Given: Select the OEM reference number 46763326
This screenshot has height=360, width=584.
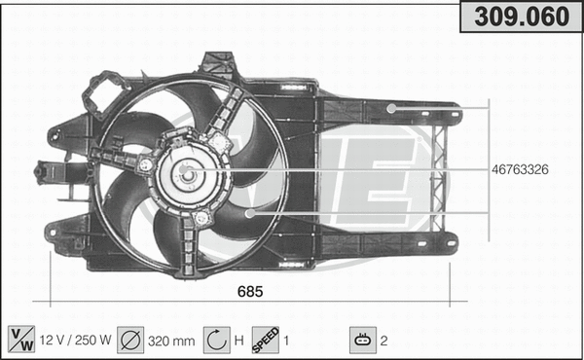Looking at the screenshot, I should point(521,169).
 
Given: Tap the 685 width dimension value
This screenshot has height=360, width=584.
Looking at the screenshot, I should point(251,291).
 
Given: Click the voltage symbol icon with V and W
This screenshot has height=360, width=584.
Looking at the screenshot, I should point(19,340).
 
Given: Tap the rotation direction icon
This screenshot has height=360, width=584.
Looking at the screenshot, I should point(216,340).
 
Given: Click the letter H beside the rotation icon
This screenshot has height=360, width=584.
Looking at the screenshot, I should point(238,341).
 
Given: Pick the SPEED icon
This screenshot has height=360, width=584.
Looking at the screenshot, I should point(266,340).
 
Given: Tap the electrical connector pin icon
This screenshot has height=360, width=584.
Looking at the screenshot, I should point(362,340).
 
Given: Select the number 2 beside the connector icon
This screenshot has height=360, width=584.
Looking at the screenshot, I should point(384,341).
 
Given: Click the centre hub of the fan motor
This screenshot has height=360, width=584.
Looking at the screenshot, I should point(186,174).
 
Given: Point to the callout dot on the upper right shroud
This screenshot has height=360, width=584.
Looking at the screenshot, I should point(390,108).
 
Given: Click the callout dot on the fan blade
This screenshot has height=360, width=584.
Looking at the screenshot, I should point(249,211).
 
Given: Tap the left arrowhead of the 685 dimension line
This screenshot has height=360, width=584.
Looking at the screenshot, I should point(50,301).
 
